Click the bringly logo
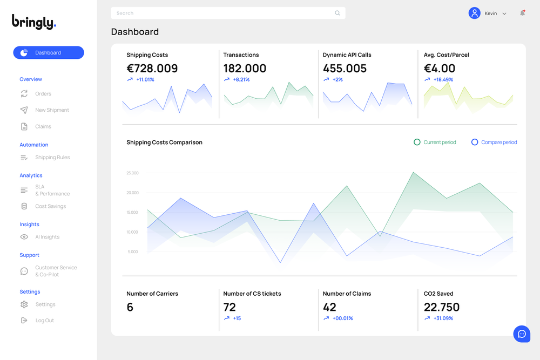click(34, 22)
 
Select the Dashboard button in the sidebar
click(49, 53)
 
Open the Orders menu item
click(43, 94)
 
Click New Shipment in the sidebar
click(52, 110)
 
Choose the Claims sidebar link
click(43, 126)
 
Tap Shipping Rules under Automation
click(52, 158)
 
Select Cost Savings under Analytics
click(50, 206)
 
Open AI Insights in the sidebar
click(47, 237)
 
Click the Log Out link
click(44, 321)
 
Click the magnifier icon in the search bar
click(337, 13)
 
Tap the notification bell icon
click(522, 13)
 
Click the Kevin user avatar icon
click(474, 13)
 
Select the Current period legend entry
click(435, 142)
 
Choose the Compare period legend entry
click(494, 142)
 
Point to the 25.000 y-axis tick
click(132, 173)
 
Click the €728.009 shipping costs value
click(152, 69)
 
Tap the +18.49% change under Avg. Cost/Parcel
click(443, 80)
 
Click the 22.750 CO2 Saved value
click(441, 307)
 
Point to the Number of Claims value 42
click(329, 307)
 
